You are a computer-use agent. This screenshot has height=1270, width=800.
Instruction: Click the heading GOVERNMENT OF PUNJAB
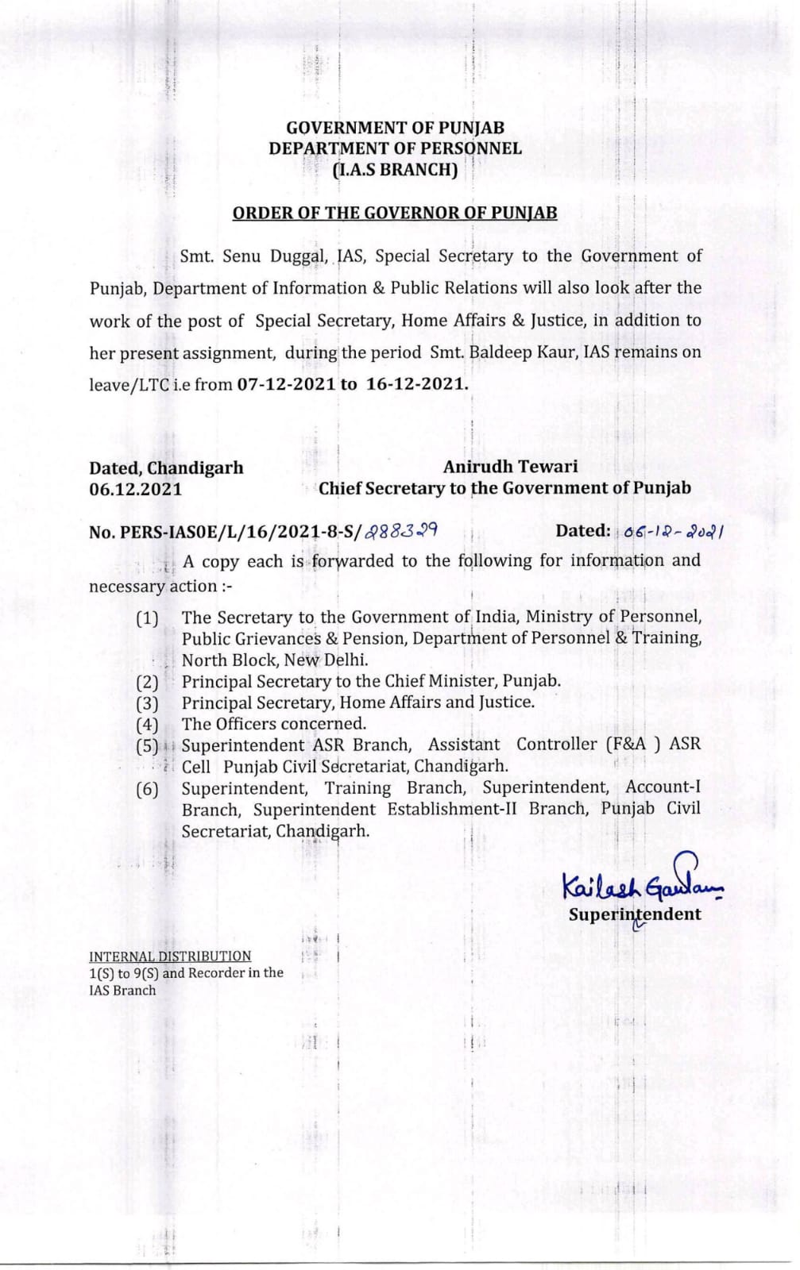tap(395, 128)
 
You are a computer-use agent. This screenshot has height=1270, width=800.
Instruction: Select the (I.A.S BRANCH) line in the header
tap(395, 170)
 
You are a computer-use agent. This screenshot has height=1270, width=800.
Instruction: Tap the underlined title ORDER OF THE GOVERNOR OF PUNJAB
tap(395, 213)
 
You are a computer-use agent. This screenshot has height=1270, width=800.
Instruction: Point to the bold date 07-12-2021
tap(286, 384)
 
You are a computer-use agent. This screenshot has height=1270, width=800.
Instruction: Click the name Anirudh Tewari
tap(510, 467)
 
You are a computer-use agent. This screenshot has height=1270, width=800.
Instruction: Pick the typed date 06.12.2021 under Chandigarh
tap(136, 489)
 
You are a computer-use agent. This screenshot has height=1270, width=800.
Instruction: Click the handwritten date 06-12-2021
tap(674, 532)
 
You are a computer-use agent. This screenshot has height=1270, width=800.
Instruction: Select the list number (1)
tap(147, 618)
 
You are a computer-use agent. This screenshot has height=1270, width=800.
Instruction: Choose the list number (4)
tap(147, 725)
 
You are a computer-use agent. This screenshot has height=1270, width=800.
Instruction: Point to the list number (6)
tap(147, 789)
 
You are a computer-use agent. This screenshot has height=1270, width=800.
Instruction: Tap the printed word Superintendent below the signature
tap(635, 914)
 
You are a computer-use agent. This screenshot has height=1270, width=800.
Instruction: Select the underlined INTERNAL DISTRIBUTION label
tap(170, 956)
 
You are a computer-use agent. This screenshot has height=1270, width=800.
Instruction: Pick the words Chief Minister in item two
tap(443, 681)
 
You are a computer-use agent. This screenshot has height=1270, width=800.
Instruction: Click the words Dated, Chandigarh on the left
tap(166, 468)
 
